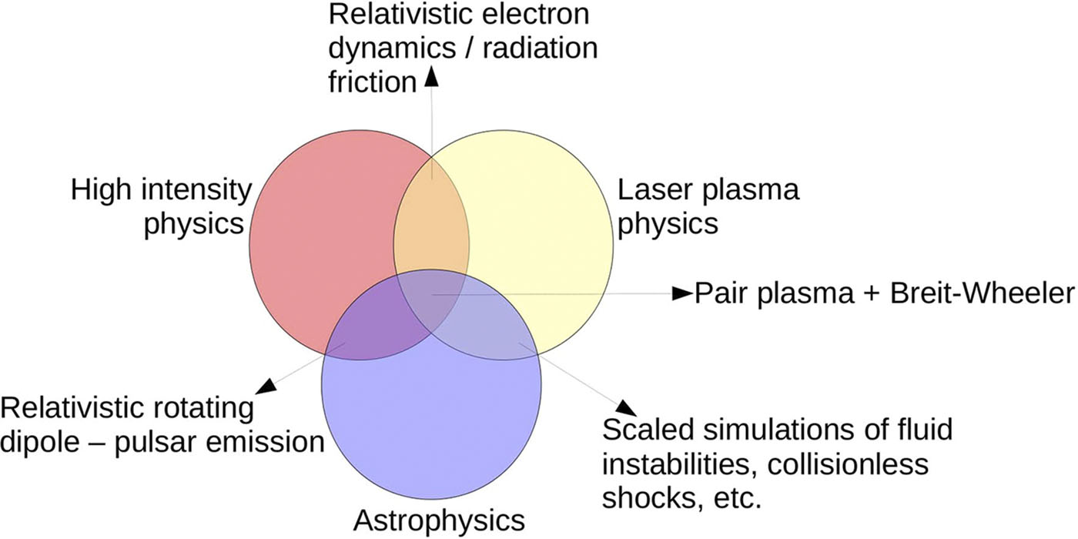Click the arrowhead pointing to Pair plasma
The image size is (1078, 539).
click(682, 293)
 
